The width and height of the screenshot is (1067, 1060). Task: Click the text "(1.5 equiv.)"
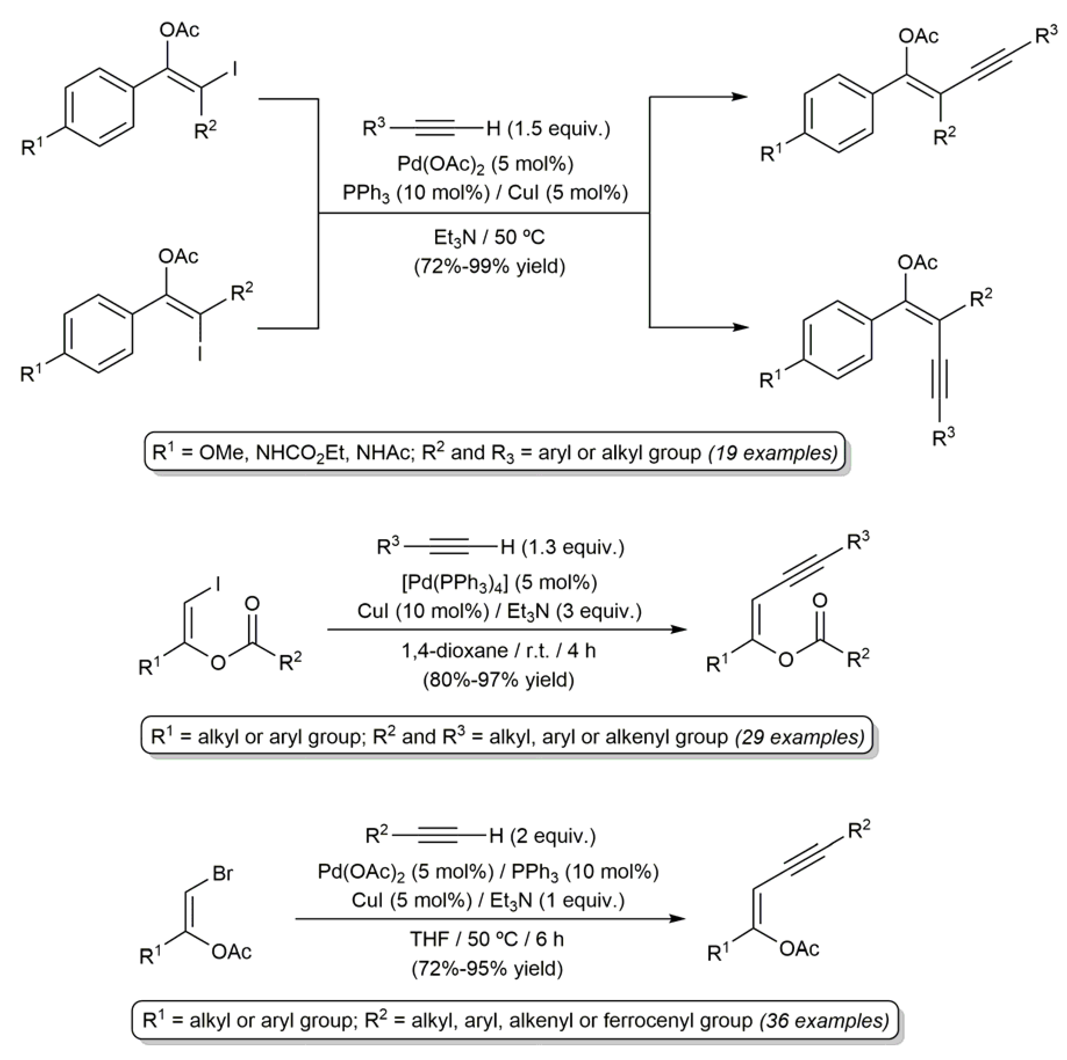pyautogui.click(x=559, y=129)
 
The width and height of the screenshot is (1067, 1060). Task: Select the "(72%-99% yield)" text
pyautogui.click(x=489, y=266)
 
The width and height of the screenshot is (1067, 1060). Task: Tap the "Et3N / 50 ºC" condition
pyautogui.click(x=489, y=237)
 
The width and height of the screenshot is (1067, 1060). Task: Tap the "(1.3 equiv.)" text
pyautogui.click(x=573, y=547)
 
